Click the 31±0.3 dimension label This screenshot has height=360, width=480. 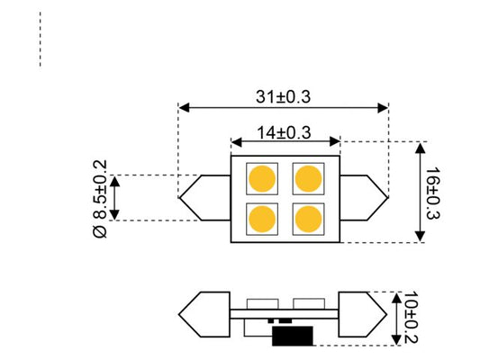[x=283, y=94]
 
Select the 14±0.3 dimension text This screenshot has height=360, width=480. [x=285, y=131]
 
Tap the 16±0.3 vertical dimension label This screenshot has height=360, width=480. [x=432, y=193]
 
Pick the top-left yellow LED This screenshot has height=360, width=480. [x=263, y=177]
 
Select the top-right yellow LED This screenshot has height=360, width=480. [x=307, y=177]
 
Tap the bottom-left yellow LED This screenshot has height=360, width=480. [x=263, y=218]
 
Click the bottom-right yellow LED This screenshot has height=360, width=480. [x=307, y=218]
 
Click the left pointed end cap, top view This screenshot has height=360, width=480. [x=205, y=197]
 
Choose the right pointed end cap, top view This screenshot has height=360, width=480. [x=364, y=197]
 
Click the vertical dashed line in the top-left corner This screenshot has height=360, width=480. [x=41, y=40]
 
